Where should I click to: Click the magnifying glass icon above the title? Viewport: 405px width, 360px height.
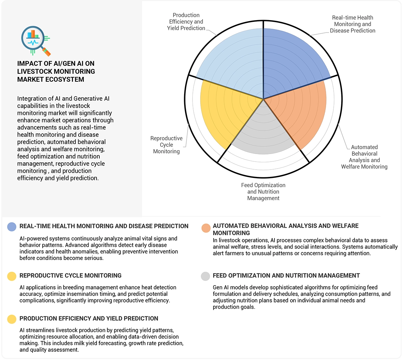(x=35, y=40)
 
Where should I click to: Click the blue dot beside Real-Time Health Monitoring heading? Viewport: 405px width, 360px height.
(x=12, y=227)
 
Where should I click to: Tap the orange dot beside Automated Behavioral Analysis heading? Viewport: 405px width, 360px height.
(x=206, y=228)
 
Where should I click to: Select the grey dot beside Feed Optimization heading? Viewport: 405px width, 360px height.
(x=206, y=276)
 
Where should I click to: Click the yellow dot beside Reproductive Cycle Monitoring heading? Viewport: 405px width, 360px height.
(x=12, y=276)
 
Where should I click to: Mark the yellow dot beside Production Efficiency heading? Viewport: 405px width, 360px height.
(x=12, y=319)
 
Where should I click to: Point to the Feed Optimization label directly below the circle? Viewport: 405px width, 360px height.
(x=263, y=191)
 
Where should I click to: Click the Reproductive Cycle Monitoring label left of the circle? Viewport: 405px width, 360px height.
(x=166, y=145)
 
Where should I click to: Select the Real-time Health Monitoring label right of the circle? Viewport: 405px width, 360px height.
(x=352, y=24)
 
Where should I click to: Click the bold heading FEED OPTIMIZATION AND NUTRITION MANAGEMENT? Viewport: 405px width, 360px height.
(x=286, y=276)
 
